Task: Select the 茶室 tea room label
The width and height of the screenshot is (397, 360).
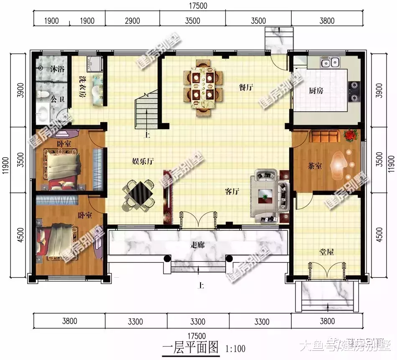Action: tap(315, 166)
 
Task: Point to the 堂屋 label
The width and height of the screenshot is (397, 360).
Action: tap(326, 252)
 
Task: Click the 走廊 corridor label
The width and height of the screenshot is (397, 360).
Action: tap(197, 245)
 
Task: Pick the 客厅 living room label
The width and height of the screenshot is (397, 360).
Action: tap(232, 191)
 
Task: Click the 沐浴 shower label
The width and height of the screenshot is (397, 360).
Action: tap(57, 69)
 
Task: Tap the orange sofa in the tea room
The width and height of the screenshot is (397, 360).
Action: tap(324, 136)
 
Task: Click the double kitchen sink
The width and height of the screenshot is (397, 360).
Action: tap(329, 63)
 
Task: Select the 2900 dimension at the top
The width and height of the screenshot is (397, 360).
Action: tap(132, 21)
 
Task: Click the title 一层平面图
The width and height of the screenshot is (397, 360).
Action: tap(190, 347)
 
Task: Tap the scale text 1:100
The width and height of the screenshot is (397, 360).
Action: tap(235, 348)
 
